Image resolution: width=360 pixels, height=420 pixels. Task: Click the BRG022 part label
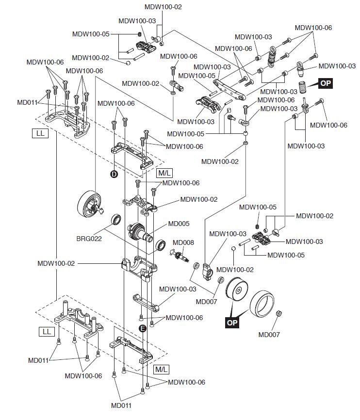click(x=89, y=239)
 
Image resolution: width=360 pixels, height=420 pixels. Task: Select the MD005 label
click(x=179, y=224)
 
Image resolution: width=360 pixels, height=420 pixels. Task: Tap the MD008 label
click(x=183, y=242)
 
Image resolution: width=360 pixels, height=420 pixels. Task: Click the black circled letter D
click(x=114, y=174)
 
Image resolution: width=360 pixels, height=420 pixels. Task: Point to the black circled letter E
click(x=143, y=328)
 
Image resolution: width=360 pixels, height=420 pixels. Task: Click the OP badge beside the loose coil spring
click(x=326, y=83)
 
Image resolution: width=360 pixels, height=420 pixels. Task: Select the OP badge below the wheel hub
click(x=232, y=323)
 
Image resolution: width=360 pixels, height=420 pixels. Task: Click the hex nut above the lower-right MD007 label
click(x=278, y=313)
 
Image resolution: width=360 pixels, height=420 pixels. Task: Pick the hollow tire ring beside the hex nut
click(x=262, y=303)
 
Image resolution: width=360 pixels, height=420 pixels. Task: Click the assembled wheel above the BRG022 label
click(x=90, y=204)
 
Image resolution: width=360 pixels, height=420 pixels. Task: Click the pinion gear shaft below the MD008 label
click(x=180, y=255)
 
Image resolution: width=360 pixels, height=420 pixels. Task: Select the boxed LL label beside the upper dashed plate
click(x=40, y=133)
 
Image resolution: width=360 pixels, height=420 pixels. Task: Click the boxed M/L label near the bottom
click(x=162, y=370)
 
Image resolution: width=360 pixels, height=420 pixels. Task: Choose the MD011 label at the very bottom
click(x=121, y=405)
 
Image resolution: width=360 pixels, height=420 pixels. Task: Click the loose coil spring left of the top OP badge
click(x=302, y=87)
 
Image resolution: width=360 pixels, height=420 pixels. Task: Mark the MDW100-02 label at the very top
click(x=163, y=7)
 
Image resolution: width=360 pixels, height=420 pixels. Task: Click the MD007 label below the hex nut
click(x=269, y=335)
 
